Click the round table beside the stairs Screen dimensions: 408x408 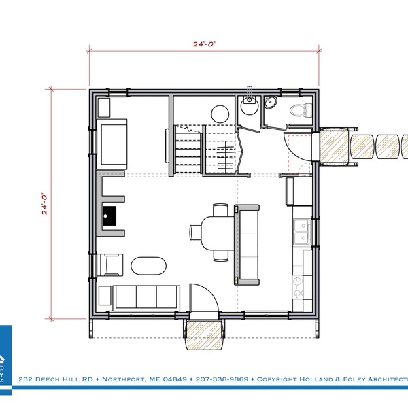[220, 113]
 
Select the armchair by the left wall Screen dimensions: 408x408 [112, 263]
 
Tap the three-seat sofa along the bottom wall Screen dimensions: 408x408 [145, 296]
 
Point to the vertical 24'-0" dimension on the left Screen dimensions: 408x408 [45, 204]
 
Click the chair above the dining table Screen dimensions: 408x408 [220, 209]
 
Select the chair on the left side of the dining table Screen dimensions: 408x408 [196, 232]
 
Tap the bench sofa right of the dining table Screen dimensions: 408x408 [247, 243]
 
